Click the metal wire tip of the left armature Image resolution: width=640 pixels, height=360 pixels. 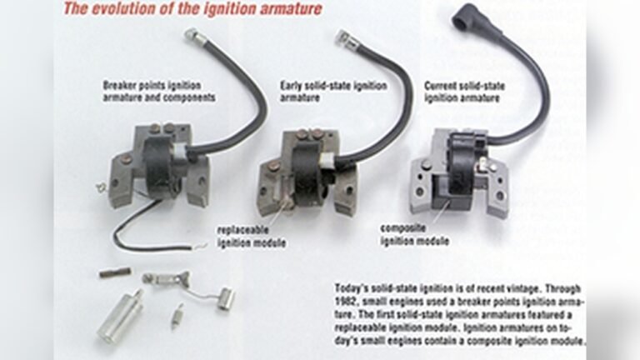191,34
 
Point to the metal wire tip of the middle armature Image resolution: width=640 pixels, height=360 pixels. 342,37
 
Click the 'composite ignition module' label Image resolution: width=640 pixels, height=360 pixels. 413,234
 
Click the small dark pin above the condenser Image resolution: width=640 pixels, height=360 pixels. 115,272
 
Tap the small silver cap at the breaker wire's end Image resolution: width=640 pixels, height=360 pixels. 226,298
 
